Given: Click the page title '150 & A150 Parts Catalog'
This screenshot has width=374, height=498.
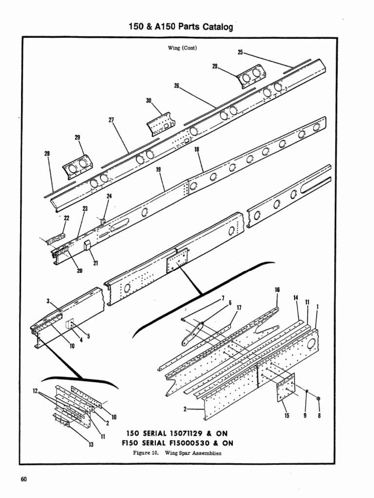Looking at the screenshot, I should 179,28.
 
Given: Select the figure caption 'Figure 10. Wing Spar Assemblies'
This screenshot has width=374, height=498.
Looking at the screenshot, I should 177,452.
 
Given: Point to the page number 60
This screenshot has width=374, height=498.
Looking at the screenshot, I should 23,480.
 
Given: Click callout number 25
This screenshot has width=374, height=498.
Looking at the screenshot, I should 240,52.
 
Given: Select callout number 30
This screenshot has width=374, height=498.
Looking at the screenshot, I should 149,101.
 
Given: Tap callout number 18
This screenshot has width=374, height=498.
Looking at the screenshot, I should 197,151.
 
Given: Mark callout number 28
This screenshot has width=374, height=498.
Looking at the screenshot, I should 47,154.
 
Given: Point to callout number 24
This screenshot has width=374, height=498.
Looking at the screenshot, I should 109,196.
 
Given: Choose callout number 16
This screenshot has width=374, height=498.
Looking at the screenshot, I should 277,290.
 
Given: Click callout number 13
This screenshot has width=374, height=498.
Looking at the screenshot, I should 91,444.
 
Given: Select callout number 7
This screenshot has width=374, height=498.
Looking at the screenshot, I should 223,298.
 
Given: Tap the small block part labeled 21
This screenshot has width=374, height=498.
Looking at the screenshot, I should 88,245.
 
